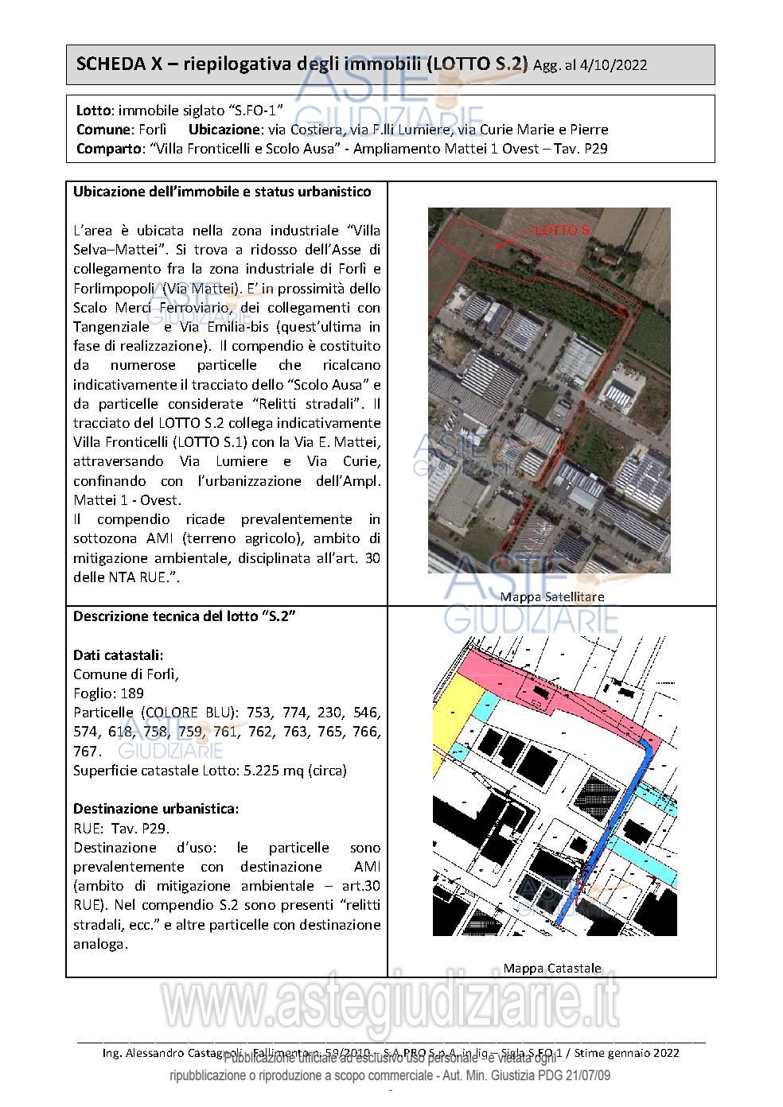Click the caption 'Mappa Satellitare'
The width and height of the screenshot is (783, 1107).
pos(551,596)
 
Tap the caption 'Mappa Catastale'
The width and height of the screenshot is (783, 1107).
pos(551,968)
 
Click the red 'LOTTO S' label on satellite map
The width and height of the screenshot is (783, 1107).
pos(562,231)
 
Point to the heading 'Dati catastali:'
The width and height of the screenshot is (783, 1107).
pos(119,654)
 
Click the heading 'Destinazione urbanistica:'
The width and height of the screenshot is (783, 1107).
pos(156,809)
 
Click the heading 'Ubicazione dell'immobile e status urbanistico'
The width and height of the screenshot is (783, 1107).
pos(222,192)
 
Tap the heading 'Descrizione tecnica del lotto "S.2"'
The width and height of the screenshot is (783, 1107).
pos(185,616)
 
